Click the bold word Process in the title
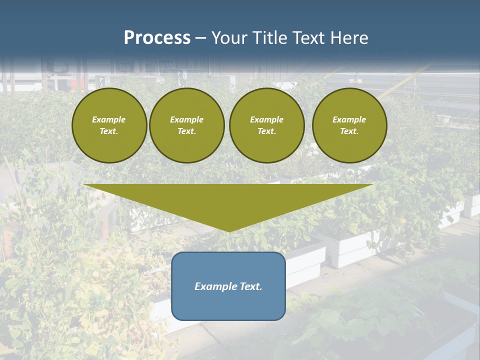coord(157,38)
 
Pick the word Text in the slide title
coord(308,38)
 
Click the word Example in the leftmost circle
coord(109,119)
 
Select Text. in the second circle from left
coord(187,131)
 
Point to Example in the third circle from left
coord(267,119)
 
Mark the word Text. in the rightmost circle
coord(349,131)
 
